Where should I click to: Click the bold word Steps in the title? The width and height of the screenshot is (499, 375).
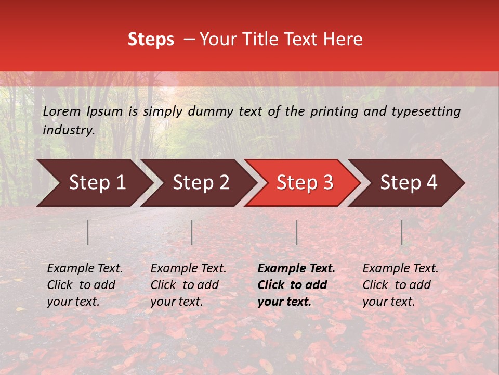coord(151,40)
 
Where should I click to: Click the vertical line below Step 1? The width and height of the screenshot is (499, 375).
coord(88,232)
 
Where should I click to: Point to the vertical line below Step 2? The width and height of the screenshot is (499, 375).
coord(192,232)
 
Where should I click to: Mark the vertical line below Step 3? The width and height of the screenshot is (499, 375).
coord(297,232)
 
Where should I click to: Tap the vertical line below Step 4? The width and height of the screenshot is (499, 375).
coord(402,232)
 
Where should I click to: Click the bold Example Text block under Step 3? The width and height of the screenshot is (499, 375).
coord(296,285)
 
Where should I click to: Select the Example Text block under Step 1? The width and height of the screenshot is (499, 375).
coord(85,285)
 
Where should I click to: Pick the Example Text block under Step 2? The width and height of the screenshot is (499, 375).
coord(188,285)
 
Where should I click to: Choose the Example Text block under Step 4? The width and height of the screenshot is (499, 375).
coord(400,285)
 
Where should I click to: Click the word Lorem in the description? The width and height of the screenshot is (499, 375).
coord(62,111)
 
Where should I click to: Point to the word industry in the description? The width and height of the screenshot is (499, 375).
coord(68,130)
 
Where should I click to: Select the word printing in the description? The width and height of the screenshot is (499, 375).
coord(335,111)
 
